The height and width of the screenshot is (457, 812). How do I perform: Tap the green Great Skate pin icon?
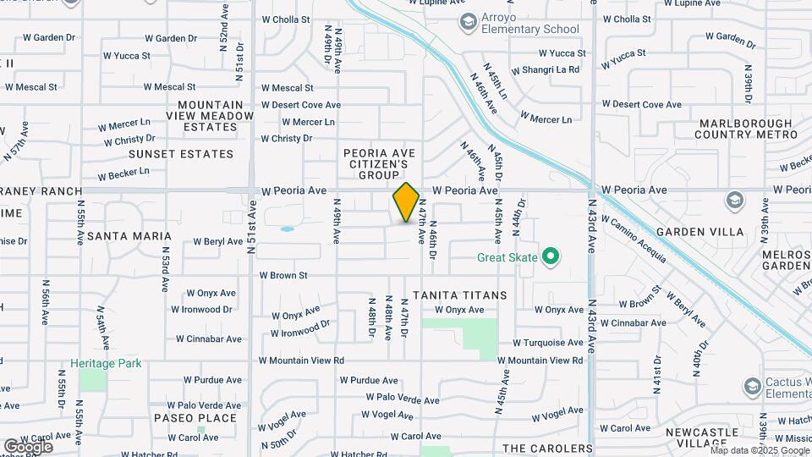point(551,255)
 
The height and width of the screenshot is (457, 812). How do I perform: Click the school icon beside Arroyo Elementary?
point(466,20)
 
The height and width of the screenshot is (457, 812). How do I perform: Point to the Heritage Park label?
point(107,363)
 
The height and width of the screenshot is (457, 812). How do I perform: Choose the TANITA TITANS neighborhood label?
point(454,295)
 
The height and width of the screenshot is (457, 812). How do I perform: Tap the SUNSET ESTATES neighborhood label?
point(180,154)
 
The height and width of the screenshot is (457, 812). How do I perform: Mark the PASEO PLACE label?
point(195,418)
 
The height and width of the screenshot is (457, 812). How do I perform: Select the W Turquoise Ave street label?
point(548,343)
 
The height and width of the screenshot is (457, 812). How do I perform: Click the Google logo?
point(28,446)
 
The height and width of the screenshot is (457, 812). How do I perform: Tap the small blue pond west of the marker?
point(287,228)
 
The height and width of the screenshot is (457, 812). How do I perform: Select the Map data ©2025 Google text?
point(760,450)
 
